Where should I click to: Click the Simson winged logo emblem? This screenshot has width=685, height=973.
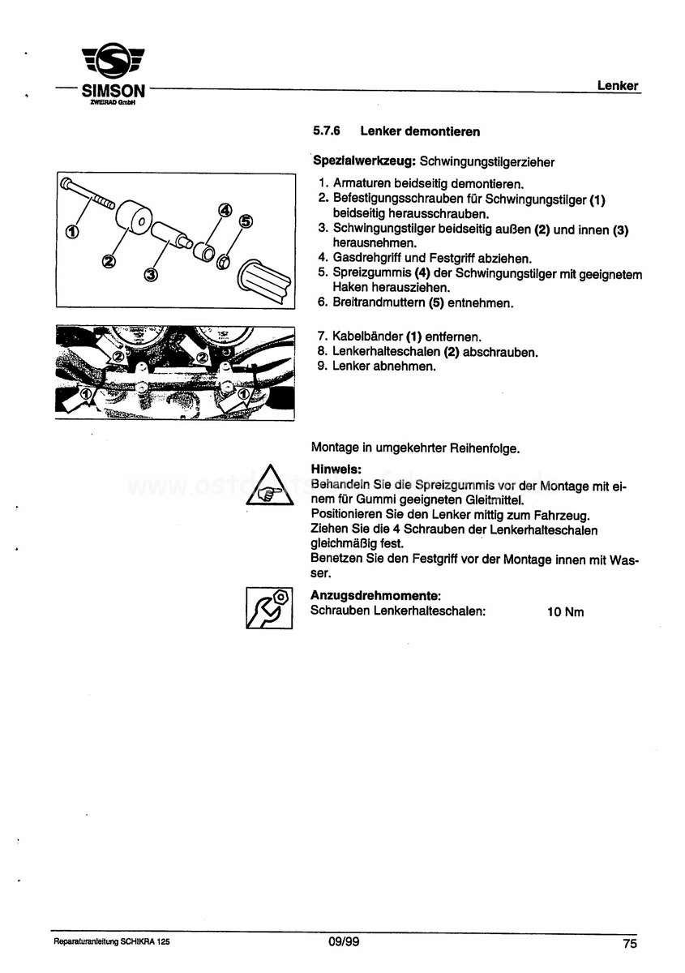(x=114, y=63)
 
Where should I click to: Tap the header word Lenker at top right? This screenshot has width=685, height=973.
(x=618, y=85)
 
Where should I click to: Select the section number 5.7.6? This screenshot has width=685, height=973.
(x=325, y=131)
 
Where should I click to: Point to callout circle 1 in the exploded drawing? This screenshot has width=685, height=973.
(x=71, y=233)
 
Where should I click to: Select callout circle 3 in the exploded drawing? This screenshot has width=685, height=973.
(x=150, y=275)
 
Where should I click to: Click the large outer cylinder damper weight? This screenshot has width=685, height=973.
(x=134, y=219)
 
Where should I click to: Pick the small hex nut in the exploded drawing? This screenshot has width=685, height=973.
(x=225, y=261)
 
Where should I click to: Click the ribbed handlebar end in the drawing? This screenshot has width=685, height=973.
(x=263, y=280)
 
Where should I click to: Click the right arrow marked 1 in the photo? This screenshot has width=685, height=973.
(x=242, y=395)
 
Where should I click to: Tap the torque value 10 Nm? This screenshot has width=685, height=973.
(x=565, y=612)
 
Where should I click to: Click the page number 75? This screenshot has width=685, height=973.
(x=630, y=943)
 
